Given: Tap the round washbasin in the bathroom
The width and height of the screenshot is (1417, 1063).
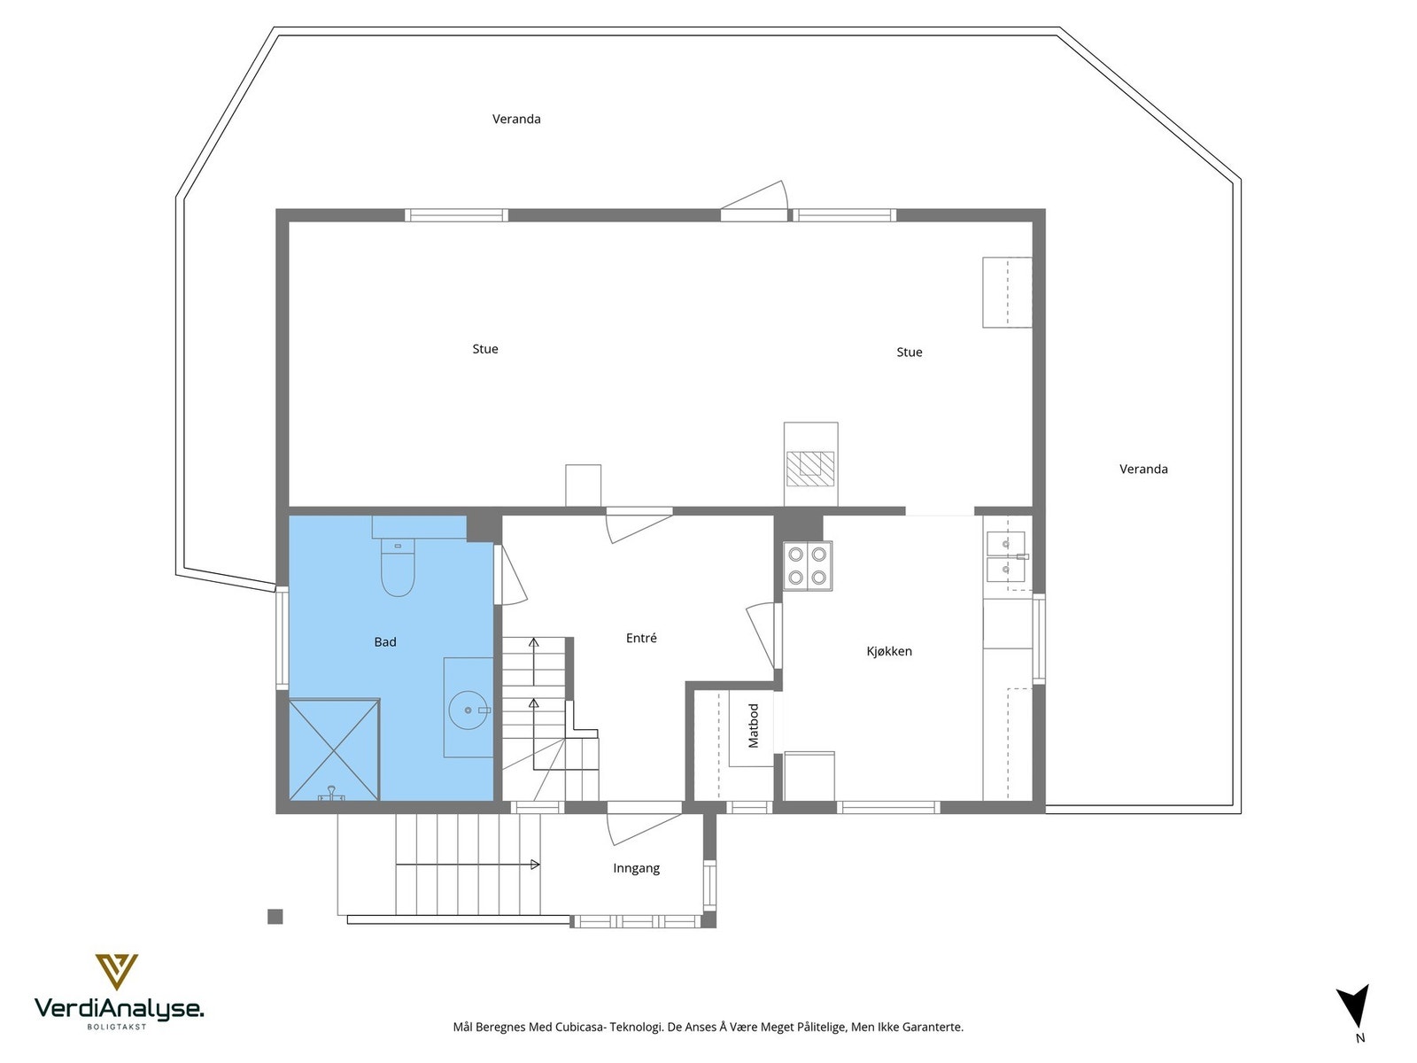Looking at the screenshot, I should coord(468,710).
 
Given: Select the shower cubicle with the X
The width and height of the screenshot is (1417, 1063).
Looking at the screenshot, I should coord(334,749).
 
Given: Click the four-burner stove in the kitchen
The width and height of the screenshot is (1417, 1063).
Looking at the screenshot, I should coord(808,566).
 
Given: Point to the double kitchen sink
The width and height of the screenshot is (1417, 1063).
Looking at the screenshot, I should coord(1006,555).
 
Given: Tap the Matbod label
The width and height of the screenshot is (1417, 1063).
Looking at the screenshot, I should coord(754,725).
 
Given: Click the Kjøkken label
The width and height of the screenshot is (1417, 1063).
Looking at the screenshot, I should coord(888,651).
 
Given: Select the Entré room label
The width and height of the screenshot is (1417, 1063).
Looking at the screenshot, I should coord(641,638).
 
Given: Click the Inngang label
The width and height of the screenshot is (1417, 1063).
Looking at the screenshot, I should coord(636,868).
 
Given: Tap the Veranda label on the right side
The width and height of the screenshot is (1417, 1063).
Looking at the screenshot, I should coord(1143,469).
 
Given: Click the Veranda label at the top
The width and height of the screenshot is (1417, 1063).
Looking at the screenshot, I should coord(516,119).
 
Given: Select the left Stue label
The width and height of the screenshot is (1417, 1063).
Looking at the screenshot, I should coord(484,349).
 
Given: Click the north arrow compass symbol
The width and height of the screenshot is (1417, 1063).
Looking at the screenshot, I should coord(1355,1007).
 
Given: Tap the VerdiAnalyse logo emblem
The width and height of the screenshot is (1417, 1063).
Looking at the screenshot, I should coord(117,971).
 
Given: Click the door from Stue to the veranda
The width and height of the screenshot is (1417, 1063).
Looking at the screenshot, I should coord(754,203).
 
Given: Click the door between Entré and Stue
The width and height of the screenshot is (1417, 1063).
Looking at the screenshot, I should coord(638,523).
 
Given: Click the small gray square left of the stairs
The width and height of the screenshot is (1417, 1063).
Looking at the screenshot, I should coord(275,917).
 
